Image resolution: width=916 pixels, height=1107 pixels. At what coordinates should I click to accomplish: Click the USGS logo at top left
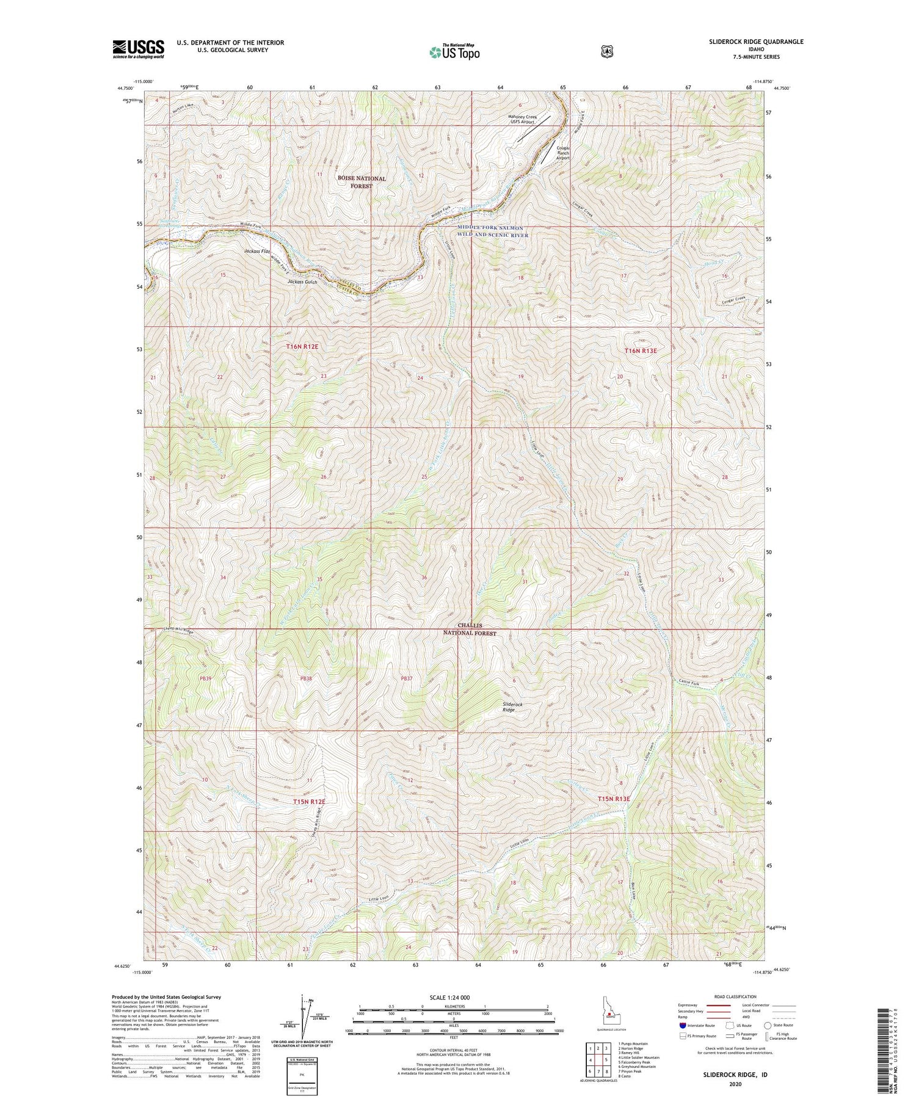[x=138, y=49]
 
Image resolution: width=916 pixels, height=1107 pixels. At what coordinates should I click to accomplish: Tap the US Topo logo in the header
[x=454, y=52]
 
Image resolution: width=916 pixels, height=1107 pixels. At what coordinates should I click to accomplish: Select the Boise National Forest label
[x=362, y=182]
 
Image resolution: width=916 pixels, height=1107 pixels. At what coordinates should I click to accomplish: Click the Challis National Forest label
[x=470, y=630]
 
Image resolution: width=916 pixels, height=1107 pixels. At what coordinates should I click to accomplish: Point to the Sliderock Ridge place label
[x=512, y=707]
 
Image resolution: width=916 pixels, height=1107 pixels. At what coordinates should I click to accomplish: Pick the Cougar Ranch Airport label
[x=562, y=151]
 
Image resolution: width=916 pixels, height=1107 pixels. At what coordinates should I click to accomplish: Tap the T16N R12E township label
[x=302, y=346]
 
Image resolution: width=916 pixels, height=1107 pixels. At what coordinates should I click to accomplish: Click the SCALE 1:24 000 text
[x=454, y=996]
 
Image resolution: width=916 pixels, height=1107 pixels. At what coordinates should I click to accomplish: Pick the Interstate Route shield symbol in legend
[x=683, y=1025]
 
